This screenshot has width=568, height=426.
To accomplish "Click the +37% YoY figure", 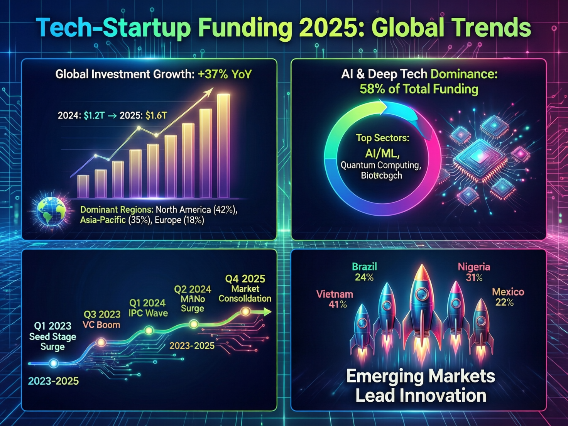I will (225, 74).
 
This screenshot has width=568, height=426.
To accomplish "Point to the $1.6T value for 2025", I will (156, 115).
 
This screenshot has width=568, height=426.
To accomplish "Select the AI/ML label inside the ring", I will (382, 154).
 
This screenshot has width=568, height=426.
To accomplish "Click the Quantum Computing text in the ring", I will (381, 165).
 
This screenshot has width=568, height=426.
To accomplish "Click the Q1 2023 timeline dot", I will (54, 363).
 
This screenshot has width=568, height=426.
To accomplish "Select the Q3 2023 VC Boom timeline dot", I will (101, 342).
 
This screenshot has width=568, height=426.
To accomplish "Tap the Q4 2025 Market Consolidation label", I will (245, 289).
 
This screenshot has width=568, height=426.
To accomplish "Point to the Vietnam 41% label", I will (335, 299).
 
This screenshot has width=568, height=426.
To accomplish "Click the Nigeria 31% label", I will (474, 272).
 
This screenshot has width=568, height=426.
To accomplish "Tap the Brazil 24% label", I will (364, 272).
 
